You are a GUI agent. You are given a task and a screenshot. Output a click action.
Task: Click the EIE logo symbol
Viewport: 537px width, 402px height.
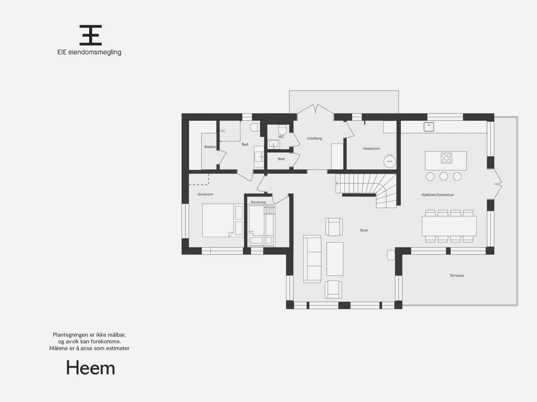pos(91,35)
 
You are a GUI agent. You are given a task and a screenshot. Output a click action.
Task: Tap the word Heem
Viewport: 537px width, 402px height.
pos(91,368)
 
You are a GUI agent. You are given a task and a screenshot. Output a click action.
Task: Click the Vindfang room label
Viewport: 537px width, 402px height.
pos(314,138)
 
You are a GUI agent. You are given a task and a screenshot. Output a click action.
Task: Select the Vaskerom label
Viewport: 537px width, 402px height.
pos(371,148)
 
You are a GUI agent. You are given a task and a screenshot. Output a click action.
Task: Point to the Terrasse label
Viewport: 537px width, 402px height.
pos(456,275)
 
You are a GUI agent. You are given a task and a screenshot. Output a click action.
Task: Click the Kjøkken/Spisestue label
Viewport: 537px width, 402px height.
pos(438,195)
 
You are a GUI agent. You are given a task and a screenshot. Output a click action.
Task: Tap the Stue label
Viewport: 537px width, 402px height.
pos(363,230)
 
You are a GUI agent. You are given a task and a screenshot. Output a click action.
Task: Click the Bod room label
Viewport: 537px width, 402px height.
pos(281,159)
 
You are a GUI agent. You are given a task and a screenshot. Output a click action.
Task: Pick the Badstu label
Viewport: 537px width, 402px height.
pos(210,147)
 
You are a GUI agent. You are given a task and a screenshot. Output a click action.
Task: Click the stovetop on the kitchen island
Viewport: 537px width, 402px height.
pos(446,158)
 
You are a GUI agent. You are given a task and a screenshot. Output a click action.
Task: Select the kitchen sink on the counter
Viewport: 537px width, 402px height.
pos(429,127)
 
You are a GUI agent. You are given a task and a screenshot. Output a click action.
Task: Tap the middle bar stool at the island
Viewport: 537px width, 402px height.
pos(444,176)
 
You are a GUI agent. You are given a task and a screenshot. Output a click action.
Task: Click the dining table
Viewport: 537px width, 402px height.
pos(449,226)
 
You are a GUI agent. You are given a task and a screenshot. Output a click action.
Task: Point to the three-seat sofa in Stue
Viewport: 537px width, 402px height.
pos(312,259)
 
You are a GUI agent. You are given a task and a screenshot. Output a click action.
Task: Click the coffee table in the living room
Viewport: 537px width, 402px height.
pos(335,259)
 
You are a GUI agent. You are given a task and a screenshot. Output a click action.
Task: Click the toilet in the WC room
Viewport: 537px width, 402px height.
pos(282,129)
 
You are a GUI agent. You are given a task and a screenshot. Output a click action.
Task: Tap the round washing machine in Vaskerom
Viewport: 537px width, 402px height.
pos(390,161)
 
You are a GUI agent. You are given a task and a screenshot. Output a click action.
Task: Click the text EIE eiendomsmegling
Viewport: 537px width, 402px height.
pos(89,52)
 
